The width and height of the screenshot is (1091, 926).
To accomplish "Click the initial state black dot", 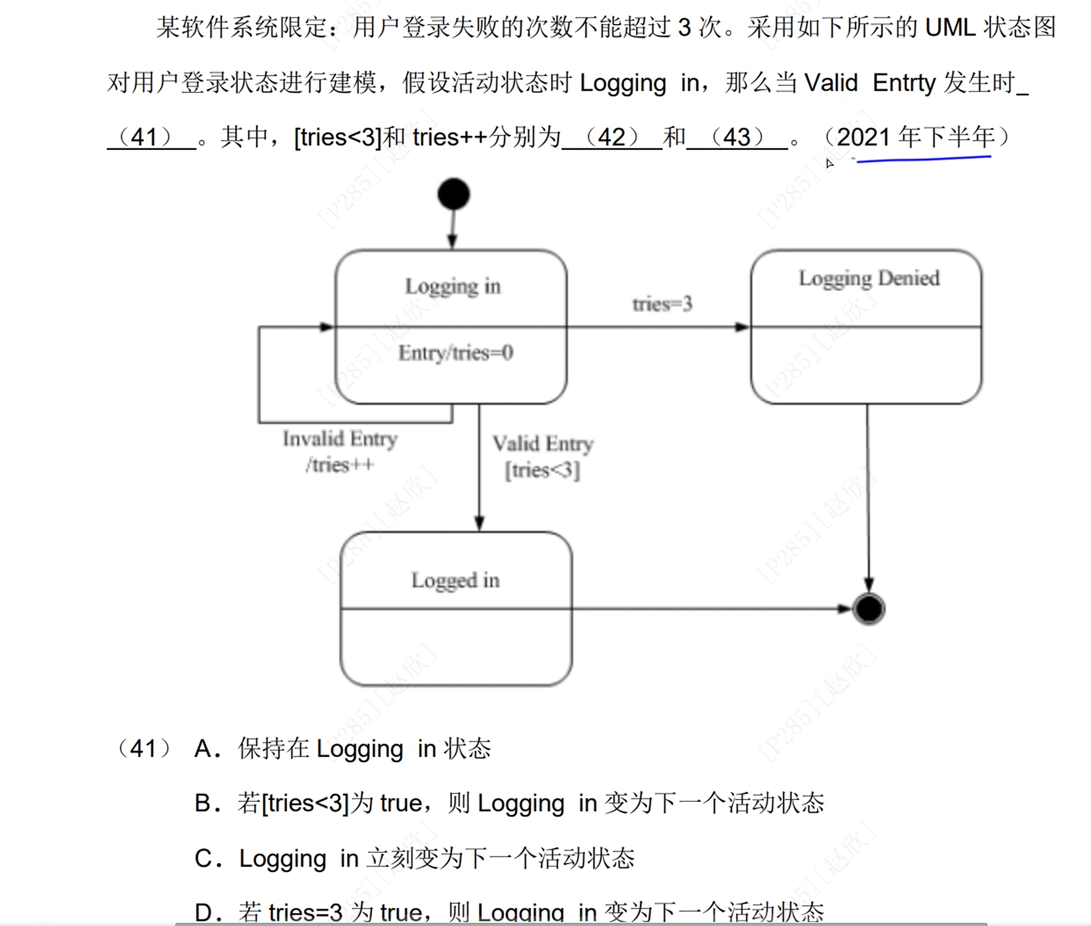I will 453,194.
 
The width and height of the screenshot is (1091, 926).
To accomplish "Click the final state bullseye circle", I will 869,609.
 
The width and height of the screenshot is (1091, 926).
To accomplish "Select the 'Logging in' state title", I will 453,287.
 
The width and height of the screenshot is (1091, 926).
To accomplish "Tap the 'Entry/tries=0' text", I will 456,353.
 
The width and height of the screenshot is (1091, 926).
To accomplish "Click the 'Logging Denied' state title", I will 869,278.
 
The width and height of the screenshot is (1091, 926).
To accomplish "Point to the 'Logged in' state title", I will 455,581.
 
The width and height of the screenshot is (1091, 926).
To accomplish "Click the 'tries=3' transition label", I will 662,304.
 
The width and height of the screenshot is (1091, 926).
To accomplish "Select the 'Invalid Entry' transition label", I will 340,439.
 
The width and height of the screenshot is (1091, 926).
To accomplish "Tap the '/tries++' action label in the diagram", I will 339,465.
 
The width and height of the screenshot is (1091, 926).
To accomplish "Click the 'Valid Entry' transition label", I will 543,444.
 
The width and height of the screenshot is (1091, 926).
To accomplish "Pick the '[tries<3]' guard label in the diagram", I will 542,470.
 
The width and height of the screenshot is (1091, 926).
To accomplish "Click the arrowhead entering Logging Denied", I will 743,327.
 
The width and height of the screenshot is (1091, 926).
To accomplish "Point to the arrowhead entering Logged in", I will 479,524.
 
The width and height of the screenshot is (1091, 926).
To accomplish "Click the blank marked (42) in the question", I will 611,137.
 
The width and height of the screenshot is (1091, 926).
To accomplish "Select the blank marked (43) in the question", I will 737,137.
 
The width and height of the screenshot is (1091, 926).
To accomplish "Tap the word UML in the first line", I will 950,28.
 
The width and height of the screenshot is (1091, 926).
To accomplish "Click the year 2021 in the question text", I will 863,137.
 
